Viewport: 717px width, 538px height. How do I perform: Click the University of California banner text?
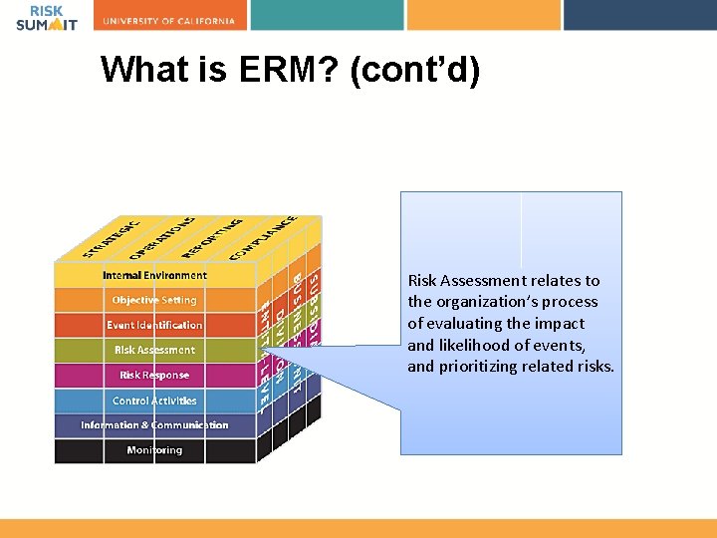point(169,21)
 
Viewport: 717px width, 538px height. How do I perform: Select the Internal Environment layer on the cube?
point(154,275)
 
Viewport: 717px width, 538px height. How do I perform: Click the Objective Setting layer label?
point(154,300)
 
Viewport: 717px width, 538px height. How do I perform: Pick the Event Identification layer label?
point(154,325)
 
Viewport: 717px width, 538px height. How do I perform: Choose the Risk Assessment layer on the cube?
point(154,350)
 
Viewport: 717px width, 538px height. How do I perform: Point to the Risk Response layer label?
point(154,376)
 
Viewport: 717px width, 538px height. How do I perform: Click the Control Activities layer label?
point(154,401)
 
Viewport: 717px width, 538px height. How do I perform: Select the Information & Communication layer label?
point(154,425)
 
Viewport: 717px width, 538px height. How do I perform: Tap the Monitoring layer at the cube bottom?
point(154,450)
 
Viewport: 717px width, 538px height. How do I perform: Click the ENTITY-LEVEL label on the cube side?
point(266,349)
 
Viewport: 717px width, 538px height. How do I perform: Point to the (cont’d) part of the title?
point(415,69)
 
